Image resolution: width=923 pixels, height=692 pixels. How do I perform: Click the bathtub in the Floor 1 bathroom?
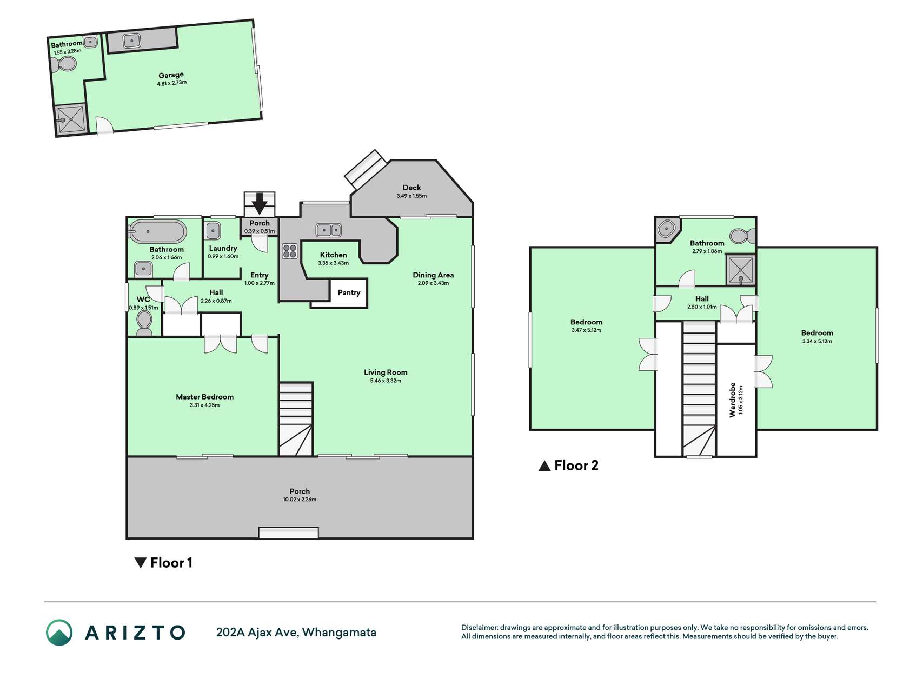point(157,232)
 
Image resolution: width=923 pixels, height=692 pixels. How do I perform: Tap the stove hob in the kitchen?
point(290,251)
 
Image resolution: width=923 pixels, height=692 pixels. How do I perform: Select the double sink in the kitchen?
point(329,230)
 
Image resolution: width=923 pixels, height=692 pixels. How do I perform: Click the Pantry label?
point(349,292)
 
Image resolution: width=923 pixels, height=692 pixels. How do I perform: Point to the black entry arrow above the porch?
point(260,204)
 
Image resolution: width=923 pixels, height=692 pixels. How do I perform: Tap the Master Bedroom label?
point(204,397)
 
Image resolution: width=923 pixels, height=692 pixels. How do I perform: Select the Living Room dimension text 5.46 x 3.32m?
point(386,381)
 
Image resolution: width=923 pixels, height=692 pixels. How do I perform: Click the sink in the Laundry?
point(213,231)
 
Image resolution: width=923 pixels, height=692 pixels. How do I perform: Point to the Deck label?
point(411,188)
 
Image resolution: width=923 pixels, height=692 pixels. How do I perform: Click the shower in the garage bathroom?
point(71,119)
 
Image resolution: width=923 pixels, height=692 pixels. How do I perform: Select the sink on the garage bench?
point(131,40)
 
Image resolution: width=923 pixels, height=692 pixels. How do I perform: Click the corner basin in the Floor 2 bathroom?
point(665,229)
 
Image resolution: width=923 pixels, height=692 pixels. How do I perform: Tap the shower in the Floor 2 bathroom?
point(740,270)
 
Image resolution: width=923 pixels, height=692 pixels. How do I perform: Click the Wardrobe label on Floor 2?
point(733,400)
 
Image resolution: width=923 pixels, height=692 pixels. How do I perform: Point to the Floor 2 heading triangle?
point(544,466)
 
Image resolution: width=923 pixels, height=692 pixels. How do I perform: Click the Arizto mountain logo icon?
point(59,633)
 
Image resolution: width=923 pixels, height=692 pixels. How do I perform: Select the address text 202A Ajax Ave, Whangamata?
point(296,633)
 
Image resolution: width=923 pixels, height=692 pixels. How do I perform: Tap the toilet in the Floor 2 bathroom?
point(743,236)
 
